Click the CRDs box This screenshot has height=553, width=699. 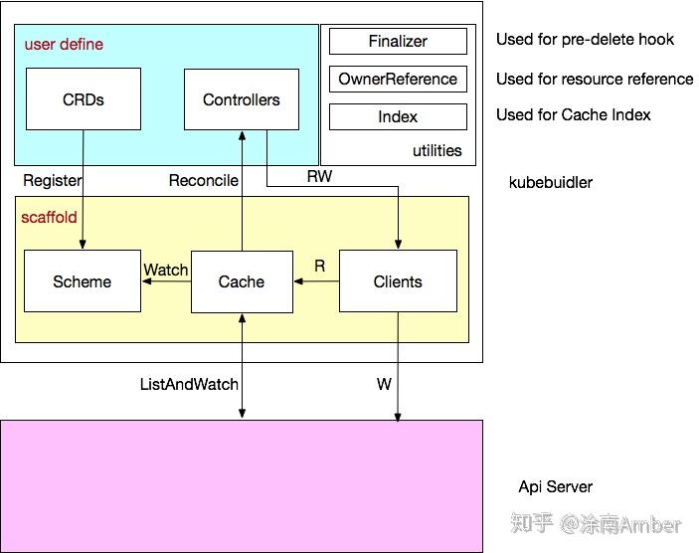click(x=83, y=99)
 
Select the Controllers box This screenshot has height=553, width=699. click(x=242, y=99)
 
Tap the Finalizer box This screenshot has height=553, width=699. click(x=398, y=42)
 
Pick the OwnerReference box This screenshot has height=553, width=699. click(x=398, y=80)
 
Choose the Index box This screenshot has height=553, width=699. click(x=398, y=117)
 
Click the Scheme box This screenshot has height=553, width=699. click(x=83, y=281)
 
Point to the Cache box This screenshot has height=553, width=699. click(x=242, y=281)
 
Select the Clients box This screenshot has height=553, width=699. click(x=398, y=281)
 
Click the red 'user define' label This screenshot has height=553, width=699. click(x=64, y=45)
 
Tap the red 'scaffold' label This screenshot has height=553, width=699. click(x=49, y=217)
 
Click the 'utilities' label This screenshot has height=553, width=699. click(x=437, y=151)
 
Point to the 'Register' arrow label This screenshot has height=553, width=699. click(x=52, y=180)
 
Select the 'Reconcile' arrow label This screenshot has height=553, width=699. click(x=203, y=180)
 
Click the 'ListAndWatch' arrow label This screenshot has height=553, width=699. click(x=189, y=384)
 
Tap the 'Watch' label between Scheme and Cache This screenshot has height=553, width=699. click(x=166, y=270)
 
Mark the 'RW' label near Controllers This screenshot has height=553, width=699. click(x=319, y=176)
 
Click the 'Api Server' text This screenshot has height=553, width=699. click(x=555, y=486)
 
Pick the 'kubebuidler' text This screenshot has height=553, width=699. click(x=550, y=182)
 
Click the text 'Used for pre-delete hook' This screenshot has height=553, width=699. click(x=585, y=40)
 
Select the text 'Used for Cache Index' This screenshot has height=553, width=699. click(x=573, y=115)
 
